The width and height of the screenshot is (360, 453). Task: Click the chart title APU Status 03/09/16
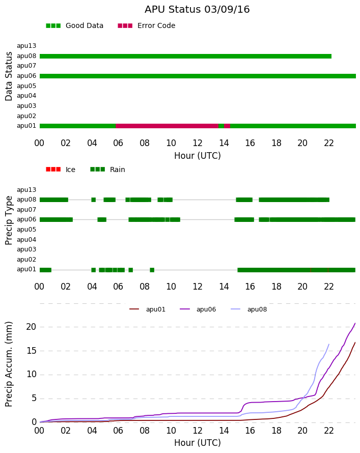pyautogui.click(x=197, y=9)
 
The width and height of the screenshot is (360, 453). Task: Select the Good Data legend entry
pyautogui.click(x=74, y=26)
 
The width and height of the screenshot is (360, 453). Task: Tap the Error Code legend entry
pyautogui.click(x=147, y=26)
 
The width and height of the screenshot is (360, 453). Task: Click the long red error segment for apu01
pyautogui.click(x=167, y=126)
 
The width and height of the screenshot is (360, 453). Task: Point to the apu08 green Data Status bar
pyautogui.click(x=185, y=56)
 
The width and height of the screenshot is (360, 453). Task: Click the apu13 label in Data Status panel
pyautogui.click(x=26, y=46)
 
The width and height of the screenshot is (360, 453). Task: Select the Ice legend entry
pyautogui.click(x=61, y=169)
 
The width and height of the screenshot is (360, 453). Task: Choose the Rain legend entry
pyautogui.click(x=107, y=169)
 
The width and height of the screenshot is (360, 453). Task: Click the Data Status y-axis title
pyautogui.click(x=9, y=76)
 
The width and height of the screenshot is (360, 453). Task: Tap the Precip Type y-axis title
pyautogui.click(x=9, y=220)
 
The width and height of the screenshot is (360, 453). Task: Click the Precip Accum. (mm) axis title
pyautogui.click(x=9, y=364)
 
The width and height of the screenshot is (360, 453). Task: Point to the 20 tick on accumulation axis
pyautogui.click(x=31, y=327)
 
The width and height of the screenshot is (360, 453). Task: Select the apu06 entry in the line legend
pyautogui.click(x=198, y=309)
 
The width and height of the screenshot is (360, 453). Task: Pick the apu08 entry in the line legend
pyautogui.click(x=249, y=309)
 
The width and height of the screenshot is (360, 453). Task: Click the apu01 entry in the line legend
pyautogui.click(x=147, y=309)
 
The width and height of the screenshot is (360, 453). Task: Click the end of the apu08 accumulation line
pyautogui.click(x=329, y=344)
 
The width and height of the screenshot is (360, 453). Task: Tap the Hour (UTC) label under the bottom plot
pyautogui.click(x=198, y=443)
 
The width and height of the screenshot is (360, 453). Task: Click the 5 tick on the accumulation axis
pyautogui.click(x=34, y=399)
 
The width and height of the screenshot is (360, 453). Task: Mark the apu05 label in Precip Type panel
pyautogui.click(x=26, y=230)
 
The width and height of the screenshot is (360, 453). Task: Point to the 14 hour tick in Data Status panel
pyautogui.click(x=224, y=143)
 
